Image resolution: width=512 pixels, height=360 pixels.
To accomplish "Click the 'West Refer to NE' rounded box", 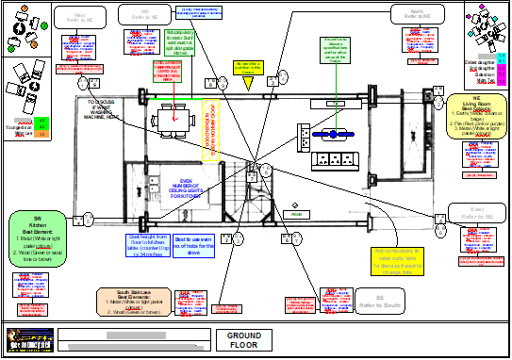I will click(x=78, y=17).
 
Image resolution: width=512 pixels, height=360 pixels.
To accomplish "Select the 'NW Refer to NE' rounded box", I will click(x=142, y=15).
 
